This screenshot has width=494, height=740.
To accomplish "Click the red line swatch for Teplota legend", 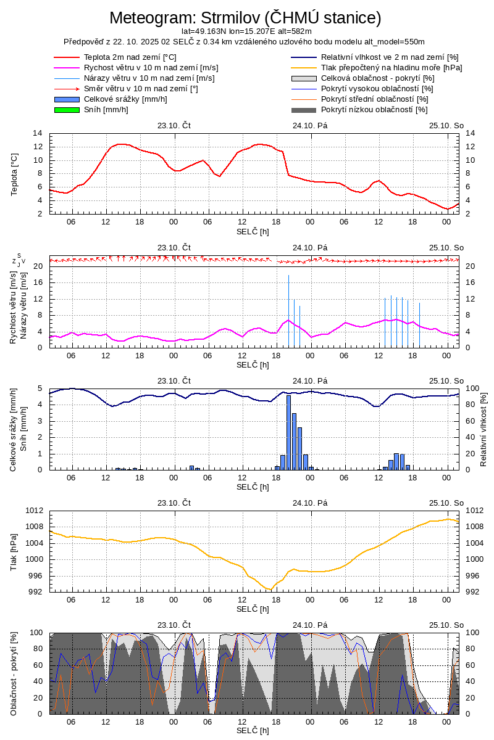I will [x=67, y=57].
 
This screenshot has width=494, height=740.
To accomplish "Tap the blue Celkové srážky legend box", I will [x=67, y=99].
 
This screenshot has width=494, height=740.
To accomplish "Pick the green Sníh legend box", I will [x=67, y=110].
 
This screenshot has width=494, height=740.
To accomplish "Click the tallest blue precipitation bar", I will [x=288, y=432].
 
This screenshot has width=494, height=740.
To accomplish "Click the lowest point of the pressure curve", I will [x=269, y=590].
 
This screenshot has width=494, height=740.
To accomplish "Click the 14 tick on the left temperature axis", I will [x=38, y=133].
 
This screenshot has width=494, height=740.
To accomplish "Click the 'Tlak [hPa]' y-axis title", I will [x=14, y=551].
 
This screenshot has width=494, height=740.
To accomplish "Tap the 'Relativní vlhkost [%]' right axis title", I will [x=484, y=429].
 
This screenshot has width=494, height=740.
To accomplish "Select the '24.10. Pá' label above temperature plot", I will [x=310, y=125].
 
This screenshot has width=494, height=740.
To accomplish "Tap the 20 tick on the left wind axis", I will [x=38, y=266].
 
